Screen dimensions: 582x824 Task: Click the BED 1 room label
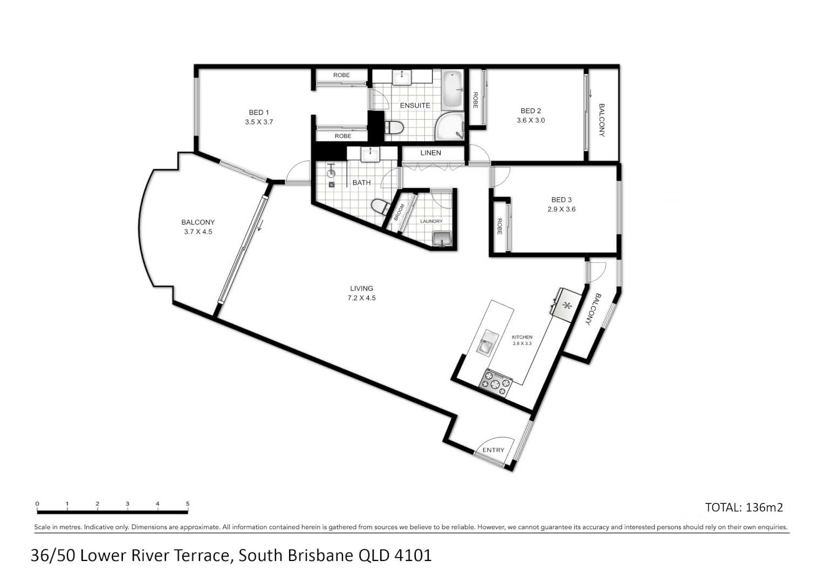(259, 113)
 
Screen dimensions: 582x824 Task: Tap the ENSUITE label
(415, 106)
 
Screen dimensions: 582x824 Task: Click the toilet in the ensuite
(394, 128)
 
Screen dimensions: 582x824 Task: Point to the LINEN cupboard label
(430, 153)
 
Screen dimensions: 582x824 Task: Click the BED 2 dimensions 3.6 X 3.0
(531, 121)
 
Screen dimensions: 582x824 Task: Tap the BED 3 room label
(561, 200)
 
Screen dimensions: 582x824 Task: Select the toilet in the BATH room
(380, 206)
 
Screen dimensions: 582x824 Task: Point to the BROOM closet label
(399, 212)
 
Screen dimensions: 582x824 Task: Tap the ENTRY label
(493, 450)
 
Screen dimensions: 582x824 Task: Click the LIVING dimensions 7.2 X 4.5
(361, 298)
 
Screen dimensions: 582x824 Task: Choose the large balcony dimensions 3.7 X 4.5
(198, 232)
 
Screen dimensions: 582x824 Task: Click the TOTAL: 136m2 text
(744, 507)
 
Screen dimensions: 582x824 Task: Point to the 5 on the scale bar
(188, 504)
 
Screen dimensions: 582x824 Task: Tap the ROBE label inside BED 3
(499, 226)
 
